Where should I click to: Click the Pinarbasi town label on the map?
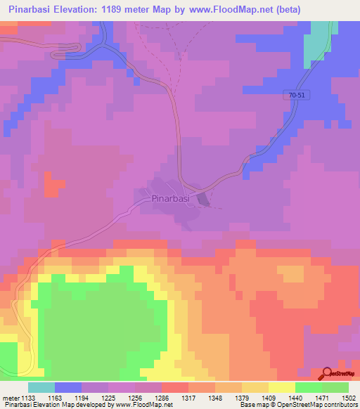pos(171,199)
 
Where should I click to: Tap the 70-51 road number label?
pos(297,96)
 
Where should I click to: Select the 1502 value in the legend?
pos(349,397)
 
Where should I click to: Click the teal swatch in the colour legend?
pos(41,387)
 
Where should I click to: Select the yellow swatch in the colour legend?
pos(281,387)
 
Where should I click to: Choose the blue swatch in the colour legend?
pos(68,387)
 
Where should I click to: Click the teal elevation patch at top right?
pos(318,42)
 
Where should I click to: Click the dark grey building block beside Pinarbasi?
pos(203,200)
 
